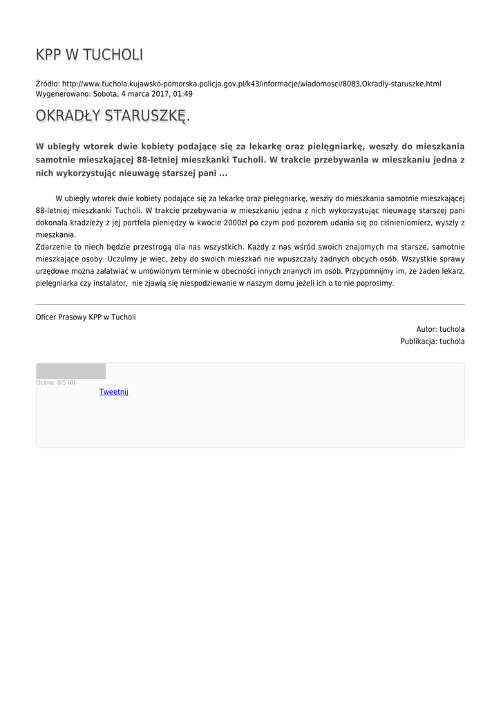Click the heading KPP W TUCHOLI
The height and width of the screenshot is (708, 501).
tap(89, 55)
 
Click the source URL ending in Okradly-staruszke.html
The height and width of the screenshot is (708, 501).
tap(252, 84)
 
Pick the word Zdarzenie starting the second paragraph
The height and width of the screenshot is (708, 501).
tap(53, 247)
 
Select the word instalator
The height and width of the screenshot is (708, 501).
tap(111, 283)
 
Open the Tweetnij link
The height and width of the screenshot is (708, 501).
tap(113, 392)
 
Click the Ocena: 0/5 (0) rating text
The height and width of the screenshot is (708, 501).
tap(56, 382)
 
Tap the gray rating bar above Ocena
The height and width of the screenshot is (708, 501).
tap(70, 371)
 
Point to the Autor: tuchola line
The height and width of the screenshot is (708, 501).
tap(440, 329)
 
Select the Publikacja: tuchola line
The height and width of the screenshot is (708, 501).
tap(433, 342)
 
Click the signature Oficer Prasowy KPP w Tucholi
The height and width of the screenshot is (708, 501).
tap(86, 317)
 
